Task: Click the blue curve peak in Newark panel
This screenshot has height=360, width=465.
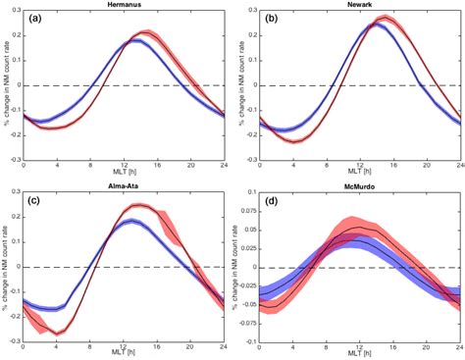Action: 374,24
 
